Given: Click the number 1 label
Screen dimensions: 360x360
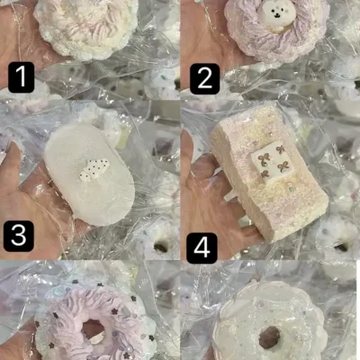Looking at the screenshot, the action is (21, 77).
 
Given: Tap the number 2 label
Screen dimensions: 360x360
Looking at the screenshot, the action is (204, 79).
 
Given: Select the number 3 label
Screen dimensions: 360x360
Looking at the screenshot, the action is (19, 236).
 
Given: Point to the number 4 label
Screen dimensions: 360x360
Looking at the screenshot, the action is (202, 248).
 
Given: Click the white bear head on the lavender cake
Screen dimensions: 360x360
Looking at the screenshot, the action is (275, 15).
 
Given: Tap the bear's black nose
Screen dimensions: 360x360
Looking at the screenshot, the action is (275, 14).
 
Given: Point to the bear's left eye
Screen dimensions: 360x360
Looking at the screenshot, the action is (272, 12).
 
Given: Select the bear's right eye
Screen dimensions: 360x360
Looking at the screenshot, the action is (280, 12).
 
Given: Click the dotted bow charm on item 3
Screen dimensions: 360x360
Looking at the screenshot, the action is (94, 170).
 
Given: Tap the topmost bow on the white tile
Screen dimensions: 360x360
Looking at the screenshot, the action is (280, 149).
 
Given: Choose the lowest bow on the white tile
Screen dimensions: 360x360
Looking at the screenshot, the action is (265, 174).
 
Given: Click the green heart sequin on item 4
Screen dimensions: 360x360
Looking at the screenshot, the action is (291, 190).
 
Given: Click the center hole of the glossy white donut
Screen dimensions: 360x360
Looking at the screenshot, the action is (269, 337).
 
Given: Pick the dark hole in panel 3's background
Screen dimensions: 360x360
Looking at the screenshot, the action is (161, 247).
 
